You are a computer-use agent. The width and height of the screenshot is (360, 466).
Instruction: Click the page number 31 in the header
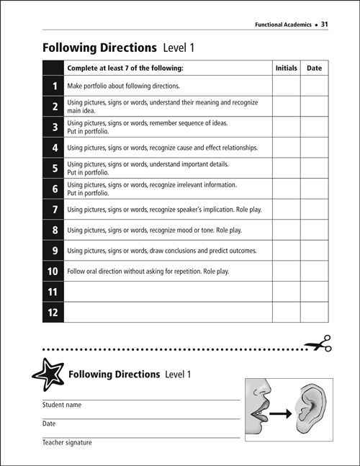pyautogui.click(x=325, y=24)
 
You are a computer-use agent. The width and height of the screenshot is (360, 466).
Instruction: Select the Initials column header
pyautogui.click(x=286, y=68)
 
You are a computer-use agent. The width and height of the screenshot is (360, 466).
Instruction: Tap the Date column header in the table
pyautogui.click(x=315, y=68)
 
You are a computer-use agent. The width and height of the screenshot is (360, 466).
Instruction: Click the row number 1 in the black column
pyautogui.click(x=53, y=86)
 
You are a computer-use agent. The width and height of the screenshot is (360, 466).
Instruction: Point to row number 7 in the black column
pyautogui.click(x=53, y=210)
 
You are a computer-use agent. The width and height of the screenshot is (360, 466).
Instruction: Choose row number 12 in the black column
pyautogui.click(x=53, y=313)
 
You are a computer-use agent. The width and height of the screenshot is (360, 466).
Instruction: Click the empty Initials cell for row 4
pyautogui.click(x=286, y=148)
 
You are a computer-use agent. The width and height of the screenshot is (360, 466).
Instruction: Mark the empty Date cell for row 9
pyautogui.click(x=315, y=251)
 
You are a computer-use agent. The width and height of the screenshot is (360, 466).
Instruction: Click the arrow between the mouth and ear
pyautogui.click(x=276, y=413)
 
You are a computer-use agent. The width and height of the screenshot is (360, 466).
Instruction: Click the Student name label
pyautogui.click(x=61, y=405)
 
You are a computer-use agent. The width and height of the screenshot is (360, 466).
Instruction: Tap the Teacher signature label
pyautogui.click(x=67, y=442)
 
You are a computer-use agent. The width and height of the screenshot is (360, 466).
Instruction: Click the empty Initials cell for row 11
pyautogui.click(x=286, y=292)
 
